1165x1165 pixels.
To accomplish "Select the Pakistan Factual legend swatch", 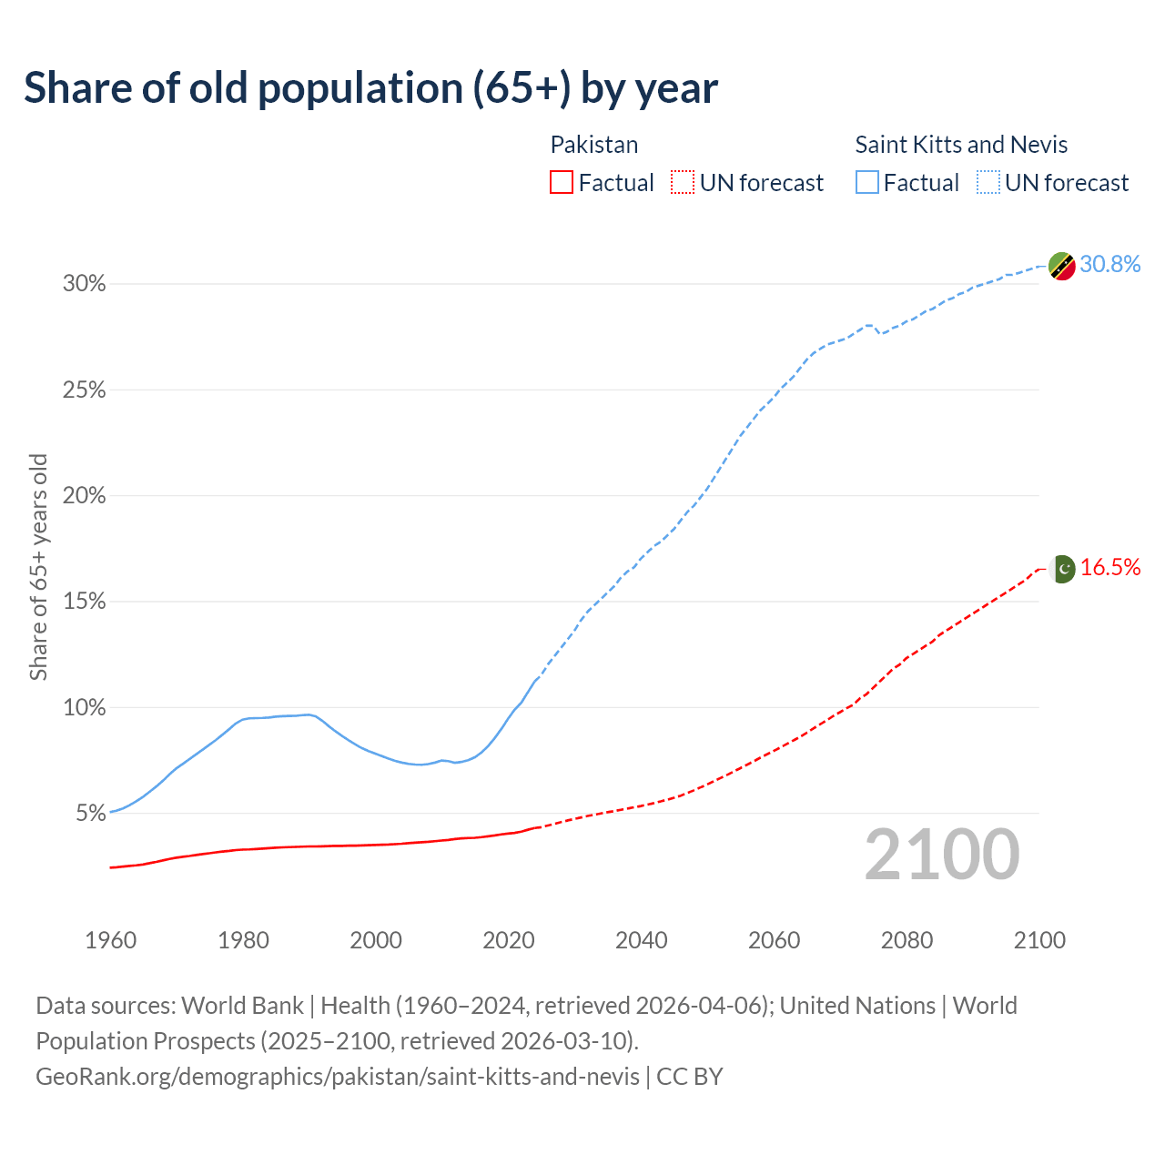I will click(562, 183).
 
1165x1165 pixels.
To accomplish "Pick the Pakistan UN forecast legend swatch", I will click(683, 183).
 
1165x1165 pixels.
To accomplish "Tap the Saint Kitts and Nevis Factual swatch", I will click(867, 183).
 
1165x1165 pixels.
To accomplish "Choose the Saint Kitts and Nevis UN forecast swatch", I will click(988, 183).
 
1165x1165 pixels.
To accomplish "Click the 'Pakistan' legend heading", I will click(594, 145).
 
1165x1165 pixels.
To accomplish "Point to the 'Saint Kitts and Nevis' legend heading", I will click(961, 145).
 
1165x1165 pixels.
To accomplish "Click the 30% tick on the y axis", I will click(85, 284).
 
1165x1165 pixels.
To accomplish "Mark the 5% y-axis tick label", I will click(91, 813).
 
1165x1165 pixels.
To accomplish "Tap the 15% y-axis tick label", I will click(85, 602).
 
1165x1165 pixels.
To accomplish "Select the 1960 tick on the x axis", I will click(110, 940).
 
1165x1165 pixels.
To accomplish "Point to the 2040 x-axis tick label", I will click(641, 940).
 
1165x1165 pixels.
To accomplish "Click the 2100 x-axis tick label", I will click(1039, 940).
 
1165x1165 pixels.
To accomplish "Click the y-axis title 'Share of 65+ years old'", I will click(38, 566).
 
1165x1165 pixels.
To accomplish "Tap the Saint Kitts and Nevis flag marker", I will click(1062, 266).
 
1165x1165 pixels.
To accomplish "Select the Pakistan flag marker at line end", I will click(1062, 569).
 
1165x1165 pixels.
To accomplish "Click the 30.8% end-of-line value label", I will click(1110, 264).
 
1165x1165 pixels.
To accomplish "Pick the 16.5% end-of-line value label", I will click(1110, 567).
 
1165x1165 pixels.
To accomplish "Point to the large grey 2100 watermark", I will click(942, 855).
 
